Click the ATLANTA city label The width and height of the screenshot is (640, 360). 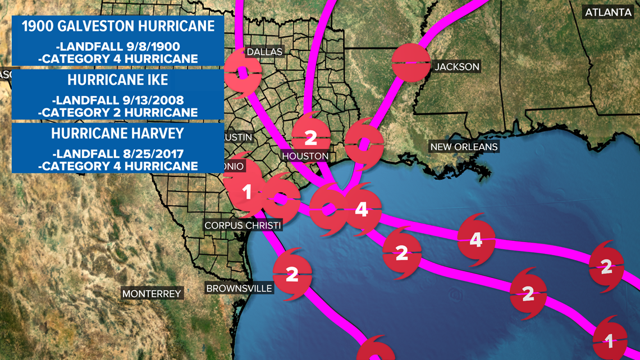click(x=609, y=12)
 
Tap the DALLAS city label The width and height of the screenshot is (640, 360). click(x=264, y=52)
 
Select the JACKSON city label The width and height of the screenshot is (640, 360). click(x=457, y=67)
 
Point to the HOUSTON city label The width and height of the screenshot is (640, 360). click(x=305, y=156)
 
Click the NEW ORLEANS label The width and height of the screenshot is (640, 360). click(x=464, y=147)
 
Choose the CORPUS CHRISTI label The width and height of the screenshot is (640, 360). click(x=243, y=225)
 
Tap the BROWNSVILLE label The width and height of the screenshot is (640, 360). click(x=239, y=289)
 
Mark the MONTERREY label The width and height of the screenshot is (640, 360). click(x=152, y=294)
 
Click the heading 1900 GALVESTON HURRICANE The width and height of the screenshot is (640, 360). click(x=118, y=26)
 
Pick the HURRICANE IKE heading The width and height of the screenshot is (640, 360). click(x=118, y=80)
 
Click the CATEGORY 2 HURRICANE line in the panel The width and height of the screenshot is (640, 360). click(x=118, y=112)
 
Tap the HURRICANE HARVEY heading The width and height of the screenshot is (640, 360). click(x=118, y=134)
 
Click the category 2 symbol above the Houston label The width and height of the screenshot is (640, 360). click(x=310, y=136)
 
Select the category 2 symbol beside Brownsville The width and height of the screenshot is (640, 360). click(x=292, y=275)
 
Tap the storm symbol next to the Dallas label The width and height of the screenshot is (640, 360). click(x=243, y=73)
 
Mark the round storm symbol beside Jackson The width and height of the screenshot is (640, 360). click(x=410, y=62)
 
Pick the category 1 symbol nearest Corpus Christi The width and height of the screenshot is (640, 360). click(x=246, y=193)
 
